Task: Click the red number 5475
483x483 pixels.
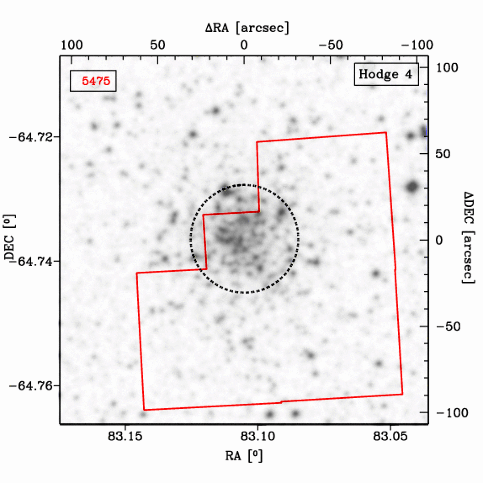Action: click(96, 81)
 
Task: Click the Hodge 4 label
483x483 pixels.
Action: click(386, 74)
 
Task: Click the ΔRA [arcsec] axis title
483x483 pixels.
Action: click(247, 28)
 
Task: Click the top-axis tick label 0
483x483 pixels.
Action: click(244, 45)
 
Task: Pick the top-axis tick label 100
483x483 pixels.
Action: click(72, 45)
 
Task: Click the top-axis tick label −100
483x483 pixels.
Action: click(417, 45)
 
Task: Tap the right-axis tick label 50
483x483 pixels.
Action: click(443, 154)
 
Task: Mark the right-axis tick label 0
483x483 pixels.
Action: click(439, 240)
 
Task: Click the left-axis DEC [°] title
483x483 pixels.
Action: click(9, 237)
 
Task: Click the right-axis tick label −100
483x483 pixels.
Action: click(452, 413)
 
